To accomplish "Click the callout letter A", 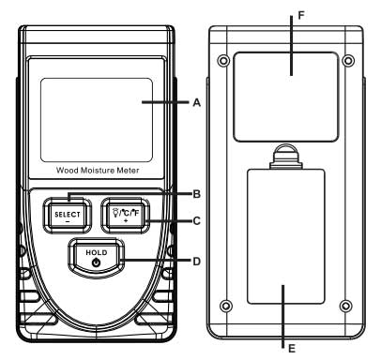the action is click(196, 102).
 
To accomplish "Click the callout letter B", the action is click(196, 194).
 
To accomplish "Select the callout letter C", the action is click(196, 221).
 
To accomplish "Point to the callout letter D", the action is click(196, 261).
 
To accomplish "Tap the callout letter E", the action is click(292, 349).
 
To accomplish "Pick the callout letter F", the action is click(301, 15).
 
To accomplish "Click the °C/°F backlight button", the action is click(126, 216).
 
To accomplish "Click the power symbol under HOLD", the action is click(97, 262).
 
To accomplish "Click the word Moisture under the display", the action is click(98, 171).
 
